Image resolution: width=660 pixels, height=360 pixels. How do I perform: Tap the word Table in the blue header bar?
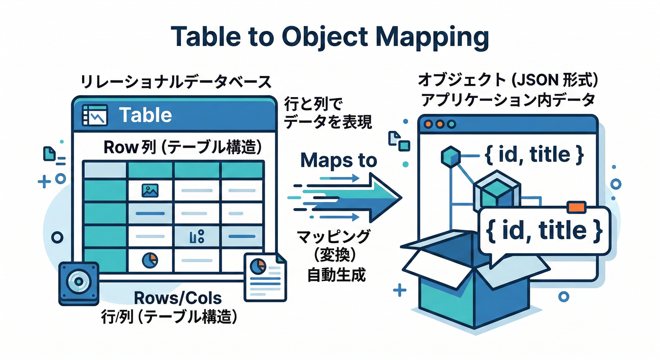tap(145, 115)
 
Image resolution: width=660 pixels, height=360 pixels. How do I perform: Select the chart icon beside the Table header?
tap(95, 115)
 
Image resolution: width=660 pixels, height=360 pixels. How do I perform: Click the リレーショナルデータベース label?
tap(176, 82)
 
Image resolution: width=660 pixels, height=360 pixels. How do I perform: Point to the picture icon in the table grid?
tap(150, 190)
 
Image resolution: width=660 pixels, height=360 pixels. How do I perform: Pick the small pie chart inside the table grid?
tap(150, 259)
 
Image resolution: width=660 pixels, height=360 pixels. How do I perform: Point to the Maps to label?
tap(338, 160)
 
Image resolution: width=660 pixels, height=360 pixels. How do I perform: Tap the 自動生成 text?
tap(336, 275)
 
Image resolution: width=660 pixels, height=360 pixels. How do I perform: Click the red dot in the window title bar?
tap(427, 124)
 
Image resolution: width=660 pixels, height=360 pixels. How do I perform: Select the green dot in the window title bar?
tap(451, 124)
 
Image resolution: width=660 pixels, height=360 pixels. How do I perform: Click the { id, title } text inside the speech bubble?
tap(544, 231)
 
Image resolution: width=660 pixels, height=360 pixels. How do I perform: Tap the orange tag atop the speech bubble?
tap(576, 207)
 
